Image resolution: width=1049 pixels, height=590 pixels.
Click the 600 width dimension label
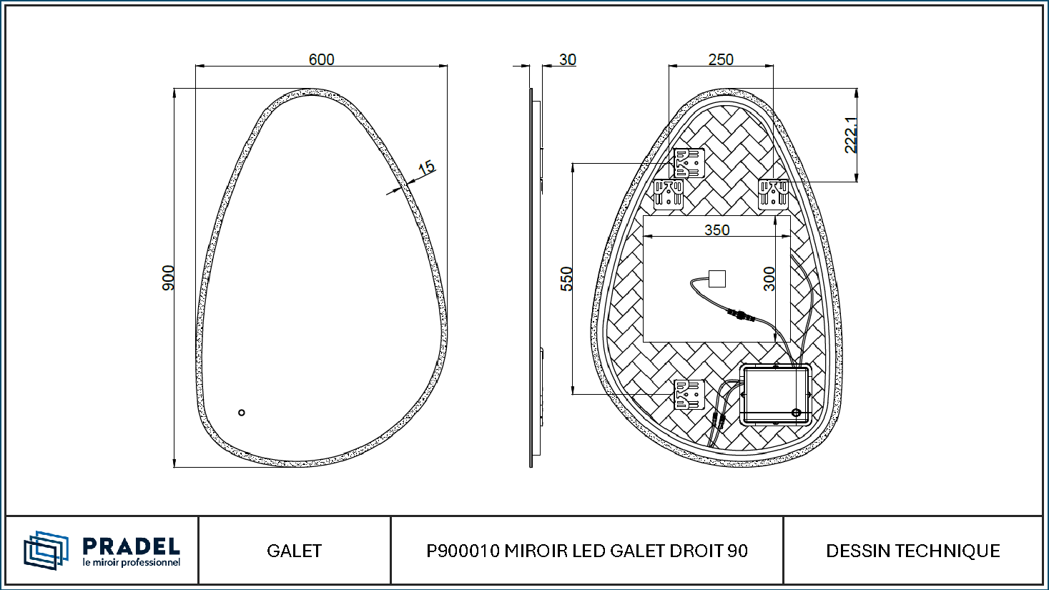321,59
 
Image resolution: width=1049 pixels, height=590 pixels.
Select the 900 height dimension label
168,277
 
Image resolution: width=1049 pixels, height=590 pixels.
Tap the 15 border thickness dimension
426,167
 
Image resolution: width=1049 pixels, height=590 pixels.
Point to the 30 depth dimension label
568,59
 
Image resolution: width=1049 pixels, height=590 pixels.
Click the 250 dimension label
721,59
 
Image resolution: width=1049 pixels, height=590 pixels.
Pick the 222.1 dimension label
851,135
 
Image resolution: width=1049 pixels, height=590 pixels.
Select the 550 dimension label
566,279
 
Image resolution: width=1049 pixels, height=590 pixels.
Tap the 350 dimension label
717,230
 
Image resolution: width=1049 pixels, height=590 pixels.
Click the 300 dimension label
769,279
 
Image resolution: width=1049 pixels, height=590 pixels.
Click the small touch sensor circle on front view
241,413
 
